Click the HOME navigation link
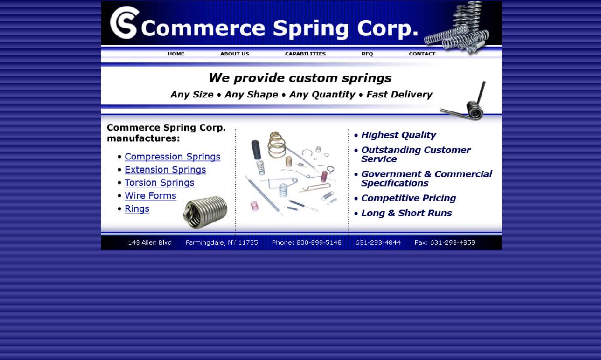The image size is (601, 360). tap(176, 54)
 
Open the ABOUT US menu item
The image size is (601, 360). tap(234, 54)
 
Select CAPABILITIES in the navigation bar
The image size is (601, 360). tap(305, 54)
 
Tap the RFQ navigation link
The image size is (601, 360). tap(367, 54)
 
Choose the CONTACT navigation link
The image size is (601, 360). tap(422, 54)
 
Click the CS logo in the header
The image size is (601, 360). tap(125, 22)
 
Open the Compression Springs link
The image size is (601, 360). tap(172, 157)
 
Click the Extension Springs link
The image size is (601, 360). tap(165, 170)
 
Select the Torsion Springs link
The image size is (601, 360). tap(159, 183)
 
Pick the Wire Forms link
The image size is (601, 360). tap(150, 196)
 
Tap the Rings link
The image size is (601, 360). tap(137, 209)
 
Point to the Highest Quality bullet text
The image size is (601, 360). tap(398, 135)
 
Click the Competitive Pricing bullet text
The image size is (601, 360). tap(408, 198)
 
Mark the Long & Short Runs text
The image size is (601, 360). tap(406, 213)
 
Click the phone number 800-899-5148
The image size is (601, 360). tap(319, 243)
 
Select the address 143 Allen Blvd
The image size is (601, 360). tap(150, 243)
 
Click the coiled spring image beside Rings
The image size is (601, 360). tap(205, 213)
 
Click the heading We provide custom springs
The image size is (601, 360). tap(300, 78)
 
